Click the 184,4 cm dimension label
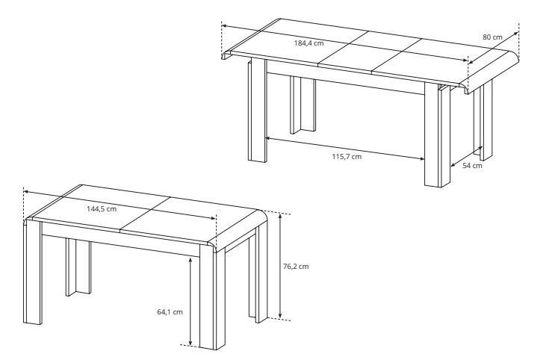pos(309,43)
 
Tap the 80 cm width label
pos(492,37)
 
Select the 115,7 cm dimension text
pos(347,156)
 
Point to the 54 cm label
pos(472,165)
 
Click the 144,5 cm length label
pos(102,209)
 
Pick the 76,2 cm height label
pos(296,267)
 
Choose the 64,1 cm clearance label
pos(170,312)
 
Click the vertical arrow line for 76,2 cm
pos(280,266)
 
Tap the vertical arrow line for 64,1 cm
pos(190,301)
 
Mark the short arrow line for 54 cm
pos(467,157)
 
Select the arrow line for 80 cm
pos(493,48)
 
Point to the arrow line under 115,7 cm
pos(345,148)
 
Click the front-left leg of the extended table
pos(257,111)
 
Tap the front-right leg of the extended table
pos(437,135)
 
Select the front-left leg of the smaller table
pos(33,272)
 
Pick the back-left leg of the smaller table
pos(78,267)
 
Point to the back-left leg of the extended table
pos(303,105)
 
